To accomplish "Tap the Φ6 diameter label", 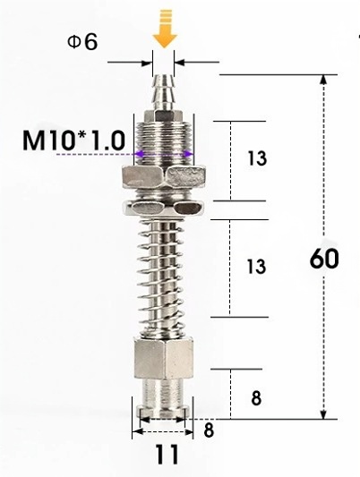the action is click(x=82, y=42).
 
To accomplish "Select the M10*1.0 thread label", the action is click(x=74, y=141).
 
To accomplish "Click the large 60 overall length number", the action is click(x=324, y=259).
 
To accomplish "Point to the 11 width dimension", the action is click(x=167, y=455).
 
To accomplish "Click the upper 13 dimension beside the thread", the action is click(x=257, y=158).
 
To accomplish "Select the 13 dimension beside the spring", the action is click(x=256, y=266).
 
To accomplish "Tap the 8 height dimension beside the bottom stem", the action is click(x=256, y=398).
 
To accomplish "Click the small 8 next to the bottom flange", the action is click(x=209, y=430).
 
